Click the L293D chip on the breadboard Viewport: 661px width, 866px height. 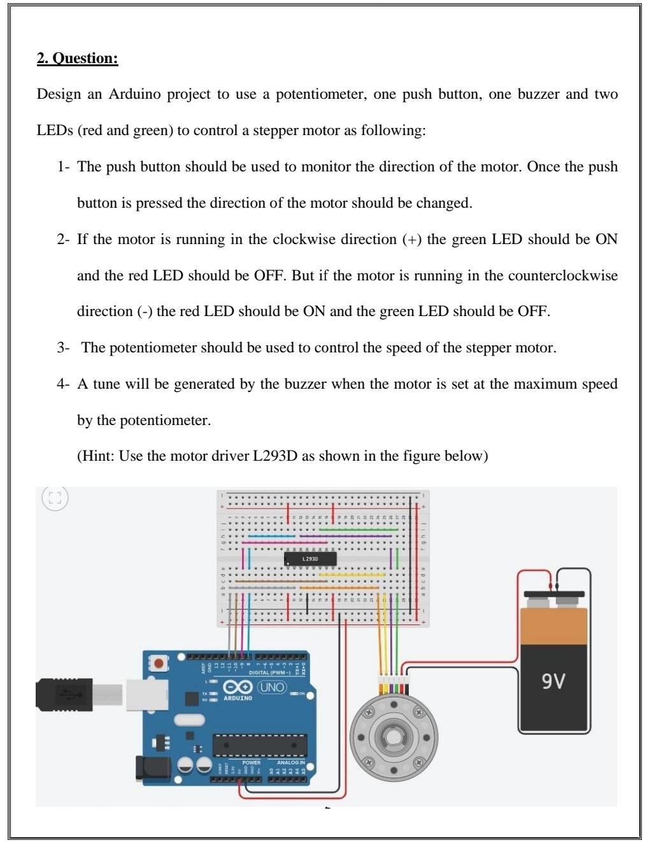(x=309, y=559)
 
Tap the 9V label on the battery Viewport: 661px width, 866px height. (x=553, y=681)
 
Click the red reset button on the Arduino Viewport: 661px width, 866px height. (x=159, y=663)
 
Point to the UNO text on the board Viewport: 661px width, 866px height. (x=272, y=687)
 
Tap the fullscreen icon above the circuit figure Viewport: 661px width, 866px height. (x=55, y=498)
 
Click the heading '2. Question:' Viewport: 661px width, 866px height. (x=78, y=59)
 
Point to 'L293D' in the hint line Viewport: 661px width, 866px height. (x=275, y=456)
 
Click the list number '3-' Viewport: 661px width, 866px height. (x=62, y=348)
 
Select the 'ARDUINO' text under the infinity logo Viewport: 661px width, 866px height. (x=238, y=698)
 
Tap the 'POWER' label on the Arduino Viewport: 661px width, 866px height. (x=252, y=762)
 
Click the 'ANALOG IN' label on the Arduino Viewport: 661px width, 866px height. (x=290, y=762)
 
